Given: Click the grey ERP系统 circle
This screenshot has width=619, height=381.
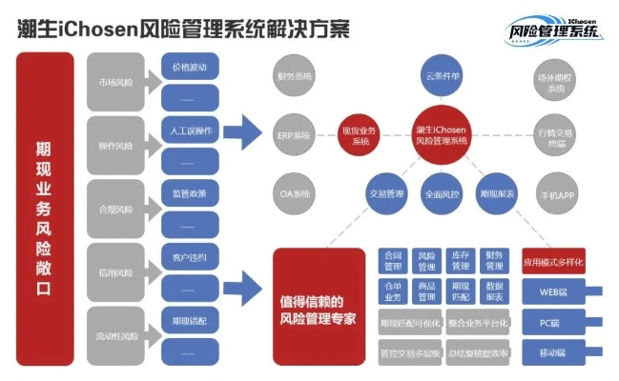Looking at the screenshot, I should (295, 135).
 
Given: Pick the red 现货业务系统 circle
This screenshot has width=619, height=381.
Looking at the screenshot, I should (360, 135).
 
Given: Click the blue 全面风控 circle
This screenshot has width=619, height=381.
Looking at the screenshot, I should (440, 193).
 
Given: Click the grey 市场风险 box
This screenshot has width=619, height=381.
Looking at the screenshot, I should (115, 82).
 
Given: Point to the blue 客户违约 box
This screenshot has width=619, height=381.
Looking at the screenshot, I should (188, 257).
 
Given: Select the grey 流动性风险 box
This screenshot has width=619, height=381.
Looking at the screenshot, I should (115, 335).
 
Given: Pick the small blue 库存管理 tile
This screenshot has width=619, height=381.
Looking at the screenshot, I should (460, 261).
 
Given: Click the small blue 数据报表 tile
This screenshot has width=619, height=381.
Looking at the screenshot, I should (494, 291).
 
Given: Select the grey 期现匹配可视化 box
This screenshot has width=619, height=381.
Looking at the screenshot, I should (409, 323).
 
